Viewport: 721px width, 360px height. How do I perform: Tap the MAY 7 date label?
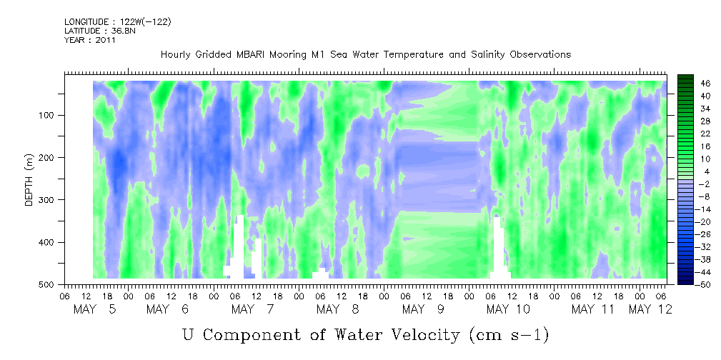click(254, 309)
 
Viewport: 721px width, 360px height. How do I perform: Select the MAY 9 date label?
click(425, 309)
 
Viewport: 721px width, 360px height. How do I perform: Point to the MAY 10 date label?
click(508, 309)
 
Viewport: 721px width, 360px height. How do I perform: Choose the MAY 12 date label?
click(650, 309)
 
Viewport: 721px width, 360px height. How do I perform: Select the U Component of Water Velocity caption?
click(365, 334)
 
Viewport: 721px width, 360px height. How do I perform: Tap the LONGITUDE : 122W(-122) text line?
click(117, 22)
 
